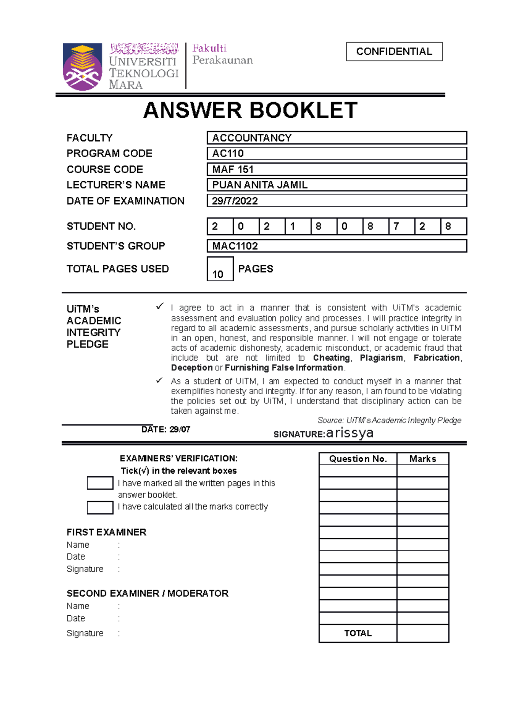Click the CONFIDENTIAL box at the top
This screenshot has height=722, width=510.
tap(394, 51)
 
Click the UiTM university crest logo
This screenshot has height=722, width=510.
tap(82, 67)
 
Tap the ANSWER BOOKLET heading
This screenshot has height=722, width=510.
tap(250, 111)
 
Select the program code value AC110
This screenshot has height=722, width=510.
tap(228, 153)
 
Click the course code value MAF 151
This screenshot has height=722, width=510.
tap(233, 169)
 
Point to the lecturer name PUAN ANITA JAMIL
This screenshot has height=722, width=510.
tap(260, 185)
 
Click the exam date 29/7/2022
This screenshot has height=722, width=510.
tap(235, 201)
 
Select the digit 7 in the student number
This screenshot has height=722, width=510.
tap(397, 226)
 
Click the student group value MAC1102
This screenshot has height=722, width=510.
tap(235, 246)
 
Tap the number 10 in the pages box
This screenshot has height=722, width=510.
tap(218, 274)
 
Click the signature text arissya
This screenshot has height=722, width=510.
tap(350, 433)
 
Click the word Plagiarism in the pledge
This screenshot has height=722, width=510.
tap(381, 358)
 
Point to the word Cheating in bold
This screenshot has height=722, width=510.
tap(331, 358)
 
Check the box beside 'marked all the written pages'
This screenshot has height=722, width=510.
tap(100, 483)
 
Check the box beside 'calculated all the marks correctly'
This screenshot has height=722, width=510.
tap(100, 508)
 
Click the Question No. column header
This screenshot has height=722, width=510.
tap(358, 459)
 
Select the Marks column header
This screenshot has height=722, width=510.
tap(422, 459)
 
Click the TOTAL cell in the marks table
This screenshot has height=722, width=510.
tap(358, 633)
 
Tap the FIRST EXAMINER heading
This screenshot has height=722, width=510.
tap(106, 532)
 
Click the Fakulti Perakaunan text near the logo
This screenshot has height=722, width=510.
tap(222, 54)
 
